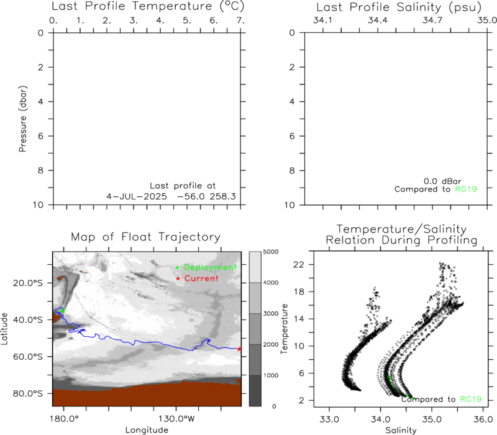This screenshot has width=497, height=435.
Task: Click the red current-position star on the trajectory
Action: [239, 349]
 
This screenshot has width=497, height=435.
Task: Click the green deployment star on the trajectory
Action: [63, 311]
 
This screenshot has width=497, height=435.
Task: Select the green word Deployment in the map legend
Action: [210, 267]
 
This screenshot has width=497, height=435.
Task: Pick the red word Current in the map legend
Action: [201, 278]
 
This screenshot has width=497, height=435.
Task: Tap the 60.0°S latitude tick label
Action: [27, 357]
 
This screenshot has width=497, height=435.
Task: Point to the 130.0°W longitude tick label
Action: [176, 419]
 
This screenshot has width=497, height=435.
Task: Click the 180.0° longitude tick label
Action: [64, 419]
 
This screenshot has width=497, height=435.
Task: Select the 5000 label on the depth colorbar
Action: [271, 252]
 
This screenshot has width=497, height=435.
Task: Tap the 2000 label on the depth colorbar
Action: [271, 344]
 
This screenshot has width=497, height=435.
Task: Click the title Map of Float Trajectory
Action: [145, 237]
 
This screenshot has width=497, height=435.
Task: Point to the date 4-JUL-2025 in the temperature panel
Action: [137, 196]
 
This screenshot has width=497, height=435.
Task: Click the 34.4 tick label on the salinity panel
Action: [378, 21]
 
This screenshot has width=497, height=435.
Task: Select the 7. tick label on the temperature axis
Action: [240, 21]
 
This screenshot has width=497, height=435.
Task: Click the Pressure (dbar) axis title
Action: [22, 119]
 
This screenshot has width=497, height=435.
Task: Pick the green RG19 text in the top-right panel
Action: [466, 190]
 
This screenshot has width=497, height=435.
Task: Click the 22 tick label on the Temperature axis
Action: [299, 265]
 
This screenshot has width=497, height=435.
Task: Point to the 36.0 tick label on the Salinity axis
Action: [483, 419]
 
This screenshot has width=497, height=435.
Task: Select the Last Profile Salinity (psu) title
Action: [399, 7]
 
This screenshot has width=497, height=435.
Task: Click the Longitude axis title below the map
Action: [147, 430]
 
